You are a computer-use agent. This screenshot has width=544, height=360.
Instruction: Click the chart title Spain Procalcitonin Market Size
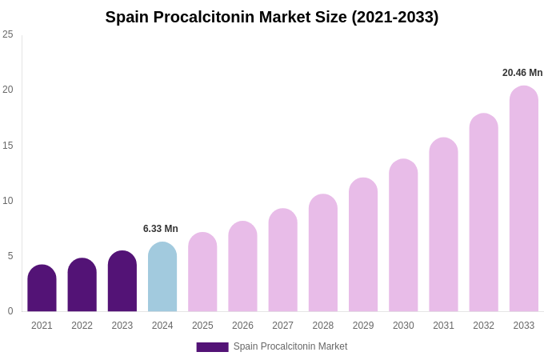tap(272, 17)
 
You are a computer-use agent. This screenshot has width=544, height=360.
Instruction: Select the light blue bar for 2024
tap(162, 278)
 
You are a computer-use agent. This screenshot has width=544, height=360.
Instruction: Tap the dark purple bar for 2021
tap(42, 289)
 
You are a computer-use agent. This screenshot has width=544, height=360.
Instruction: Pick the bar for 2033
tap(524, 199)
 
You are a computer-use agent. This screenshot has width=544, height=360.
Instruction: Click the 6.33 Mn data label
tap(161, 229)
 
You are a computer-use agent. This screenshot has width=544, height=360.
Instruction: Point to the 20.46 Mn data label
tap(522, 73)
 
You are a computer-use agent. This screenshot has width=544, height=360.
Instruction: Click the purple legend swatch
tap(212, 347)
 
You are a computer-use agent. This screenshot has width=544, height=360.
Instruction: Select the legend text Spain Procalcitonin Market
tap(290, 346)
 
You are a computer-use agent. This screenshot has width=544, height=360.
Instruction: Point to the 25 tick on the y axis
tap(8, 34)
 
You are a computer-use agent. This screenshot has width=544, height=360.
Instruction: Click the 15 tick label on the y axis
tap(8, 146)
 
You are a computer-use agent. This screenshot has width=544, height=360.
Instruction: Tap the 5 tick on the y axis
tap(10, 256)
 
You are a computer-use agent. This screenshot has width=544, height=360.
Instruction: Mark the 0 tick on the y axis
tap(10, 311)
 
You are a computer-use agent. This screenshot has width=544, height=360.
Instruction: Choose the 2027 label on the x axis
tap(282, 326)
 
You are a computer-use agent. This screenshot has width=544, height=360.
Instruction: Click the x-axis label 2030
tap(403, 326)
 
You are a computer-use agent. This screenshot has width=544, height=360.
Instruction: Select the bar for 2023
tap(122, 282)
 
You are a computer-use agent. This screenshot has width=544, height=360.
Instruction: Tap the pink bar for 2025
tap(202, 273)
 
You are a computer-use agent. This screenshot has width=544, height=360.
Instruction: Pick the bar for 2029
tap(363, 246)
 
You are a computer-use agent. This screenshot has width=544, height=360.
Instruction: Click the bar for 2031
tap(443, 226)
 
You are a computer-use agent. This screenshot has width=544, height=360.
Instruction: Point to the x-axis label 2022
tap(82, 326)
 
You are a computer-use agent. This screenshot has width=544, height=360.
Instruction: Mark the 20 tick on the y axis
tap(8, 90)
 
